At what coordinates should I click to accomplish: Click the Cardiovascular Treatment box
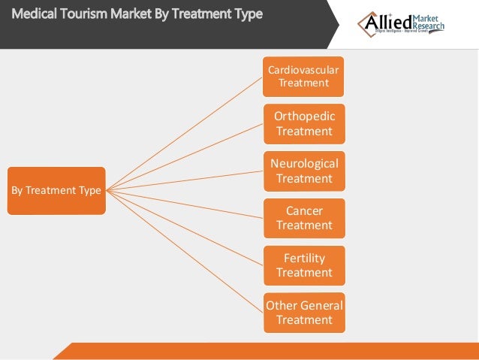click(303, 77)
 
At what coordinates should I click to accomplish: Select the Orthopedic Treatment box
click(303, 124)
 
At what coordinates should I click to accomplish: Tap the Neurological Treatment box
click(303, 171)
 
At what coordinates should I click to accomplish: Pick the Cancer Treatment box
click(303, 218)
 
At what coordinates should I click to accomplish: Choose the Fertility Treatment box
click(303, 265)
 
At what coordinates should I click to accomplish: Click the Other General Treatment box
click(303, 313)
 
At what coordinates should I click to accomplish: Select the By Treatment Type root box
click(56, 191)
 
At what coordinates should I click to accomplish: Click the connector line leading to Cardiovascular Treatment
click(184, 132)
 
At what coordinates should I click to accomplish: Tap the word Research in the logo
click(429, 26)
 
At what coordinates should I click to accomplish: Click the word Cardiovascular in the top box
click(303, 70)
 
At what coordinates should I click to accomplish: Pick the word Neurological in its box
click(303, 164)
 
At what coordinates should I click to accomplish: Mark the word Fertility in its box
click(303, 259)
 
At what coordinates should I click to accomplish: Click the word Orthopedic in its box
click(303, 116)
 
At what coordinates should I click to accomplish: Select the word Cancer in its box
click(303, 211)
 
